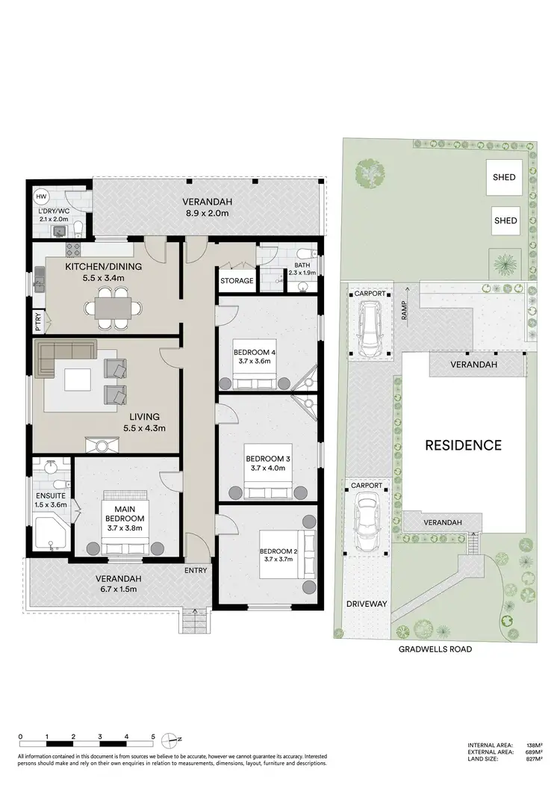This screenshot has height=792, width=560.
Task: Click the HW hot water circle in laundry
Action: click(41, 196)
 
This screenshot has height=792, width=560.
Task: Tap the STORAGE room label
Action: click(236, 281)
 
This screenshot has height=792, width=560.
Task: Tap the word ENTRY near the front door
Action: click(196, 570)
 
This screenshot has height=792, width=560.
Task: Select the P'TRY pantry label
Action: click(38, 323)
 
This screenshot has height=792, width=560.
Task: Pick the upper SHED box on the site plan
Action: click(505, 178)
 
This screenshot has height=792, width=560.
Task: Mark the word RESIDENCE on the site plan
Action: click(463, 445)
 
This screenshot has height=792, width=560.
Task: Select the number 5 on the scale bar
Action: click(152, 737)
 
